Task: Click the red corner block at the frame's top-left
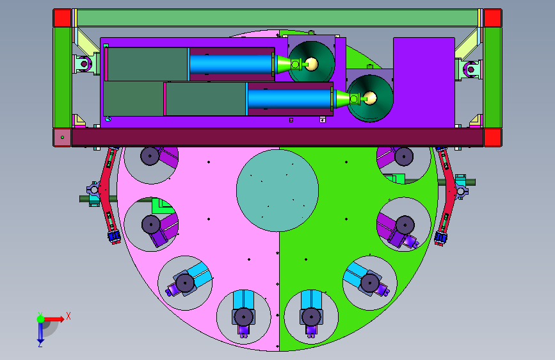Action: click(62, 18)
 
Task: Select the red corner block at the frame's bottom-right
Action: click(493, 138)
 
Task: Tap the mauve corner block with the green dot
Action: click(62, 138)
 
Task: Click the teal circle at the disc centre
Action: click(278, 191)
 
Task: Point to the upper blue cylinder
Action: click(232, 64)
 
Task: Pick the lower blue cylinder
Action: click(290, 99)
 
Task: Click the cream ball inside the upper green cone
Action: click(312, 64)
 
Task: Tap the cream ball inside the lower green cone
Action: click(370, 98)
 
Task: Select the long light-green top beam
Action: click(278, 18)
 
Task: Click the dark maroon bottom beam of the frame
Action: click(278, 138)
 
